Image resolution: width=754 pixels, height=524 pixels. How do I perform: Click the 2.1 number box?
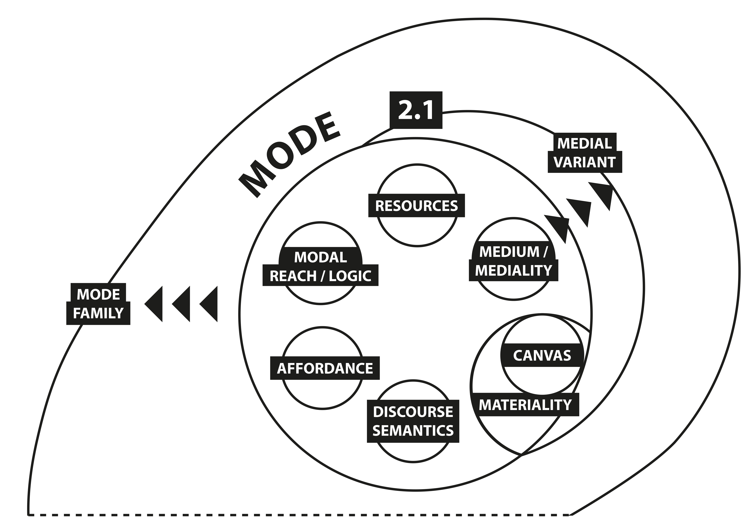[x=416, y=110]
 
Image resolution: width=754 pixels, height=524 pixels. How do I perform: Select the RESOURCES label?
[x=416, y=206]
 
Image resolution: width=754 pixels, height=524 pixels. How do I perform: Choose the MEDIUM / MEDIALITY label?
[x=513, y=261]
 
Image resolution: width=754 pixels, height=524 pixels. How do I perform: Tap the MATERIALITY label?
[x=525, y=405]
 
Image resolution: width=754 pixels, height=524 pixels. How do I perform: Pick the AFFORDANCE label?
[x=325, y=368]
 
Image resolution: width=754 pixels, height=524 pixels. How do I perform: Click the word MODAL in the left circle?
[x=320, y=257]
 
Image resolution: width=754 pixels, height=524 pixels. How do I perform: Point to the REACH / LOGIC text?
[x=320, y=276]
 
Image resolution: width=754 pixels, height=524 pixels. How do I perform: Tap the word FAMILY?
[x=98, y=313]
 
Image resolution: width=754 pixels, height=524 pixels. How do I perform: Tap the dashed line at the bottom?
[x=295, y=515]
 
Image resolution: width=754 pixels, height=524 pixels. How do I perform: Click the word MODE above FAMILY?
[x=98, y=294]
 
